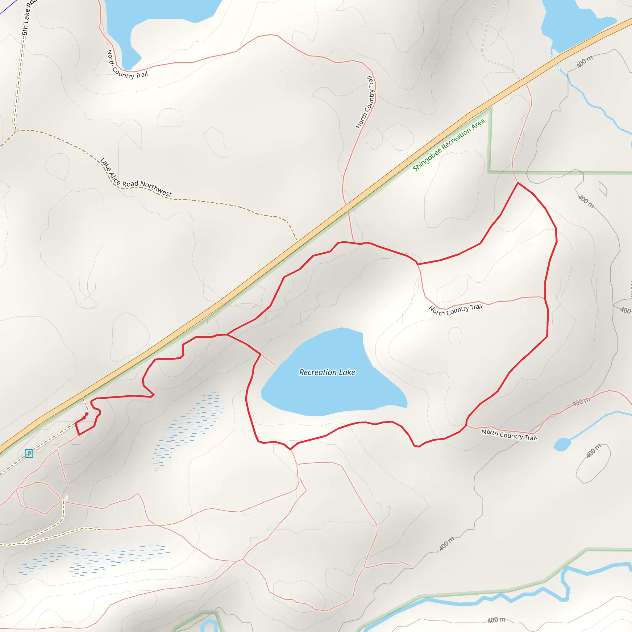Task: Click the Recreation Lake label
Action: pos(327,372)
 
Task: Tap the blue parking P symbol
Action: pos(29,453)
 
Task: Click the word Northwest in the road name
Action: pos(156,189)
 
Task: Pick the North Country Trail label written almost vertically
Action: pos(365,102)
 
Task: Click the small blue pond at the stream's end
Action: pos(562,445)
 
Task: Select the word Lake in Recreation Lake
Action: pos(347,372)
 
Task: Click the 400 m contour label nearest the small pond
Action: pos(593,451)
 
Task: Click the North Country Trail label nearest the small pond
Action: pos(509,435)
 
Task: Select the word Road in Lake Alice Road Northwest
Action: pos(130,184)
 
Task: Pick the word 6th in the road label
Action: pos(25,30)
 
